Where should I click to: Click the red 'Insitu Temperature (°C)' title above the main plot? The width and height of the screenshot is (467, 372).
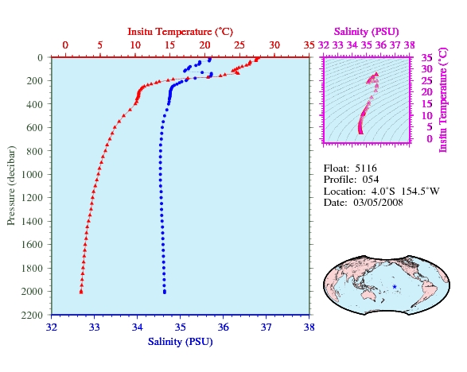click(180, 32)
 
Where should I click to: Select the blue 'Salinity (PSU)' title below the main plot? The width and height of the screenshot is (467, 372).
click(180, 341)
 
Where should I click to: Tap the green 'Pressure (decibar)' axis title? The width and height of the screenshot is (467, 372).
click(10, 185)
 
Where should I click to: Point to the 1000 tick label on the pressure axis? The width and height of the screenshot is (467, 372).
click(32, 174)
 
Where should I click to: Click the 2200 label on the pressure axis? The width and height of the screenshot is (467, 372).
click(32, 315)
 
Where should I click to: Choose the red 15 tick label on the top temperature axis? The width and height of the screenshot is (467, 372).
click(169, 45)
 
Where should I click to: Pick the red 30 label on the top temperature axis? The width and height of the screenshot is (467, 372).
click(274, 45)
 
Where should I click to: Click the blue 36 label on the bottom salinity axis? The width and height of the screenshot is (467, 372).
click(223, 327)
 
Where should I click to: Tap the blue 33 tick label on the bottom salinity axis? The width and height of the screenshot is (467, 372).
click(95, 327)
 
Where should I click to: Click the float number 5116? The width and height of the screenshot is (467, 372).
click(366, 169)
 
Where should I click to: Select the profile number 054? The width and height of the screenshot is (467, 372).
click(371, 180)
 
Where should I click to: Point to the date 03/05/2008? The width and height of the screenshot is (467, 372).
click(378, 203)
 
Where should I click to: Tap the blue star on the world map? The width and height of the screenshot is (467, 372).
click(395, 287)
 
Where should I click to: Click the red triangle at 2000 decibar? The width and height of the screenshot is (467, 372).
click(81, 292)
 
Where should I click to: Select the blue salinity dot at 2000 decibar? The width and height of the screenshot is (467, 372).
click(165, 292)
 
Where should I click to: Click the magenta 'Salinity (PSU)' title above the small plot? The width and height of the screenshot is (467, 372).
click(366, 32)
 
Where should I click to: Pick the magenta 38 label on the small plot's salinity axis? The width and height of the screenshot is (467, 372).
click(409, 45)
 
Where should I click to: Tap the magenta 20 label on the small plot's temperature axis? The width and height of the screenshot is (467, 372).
click(426, 92)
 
